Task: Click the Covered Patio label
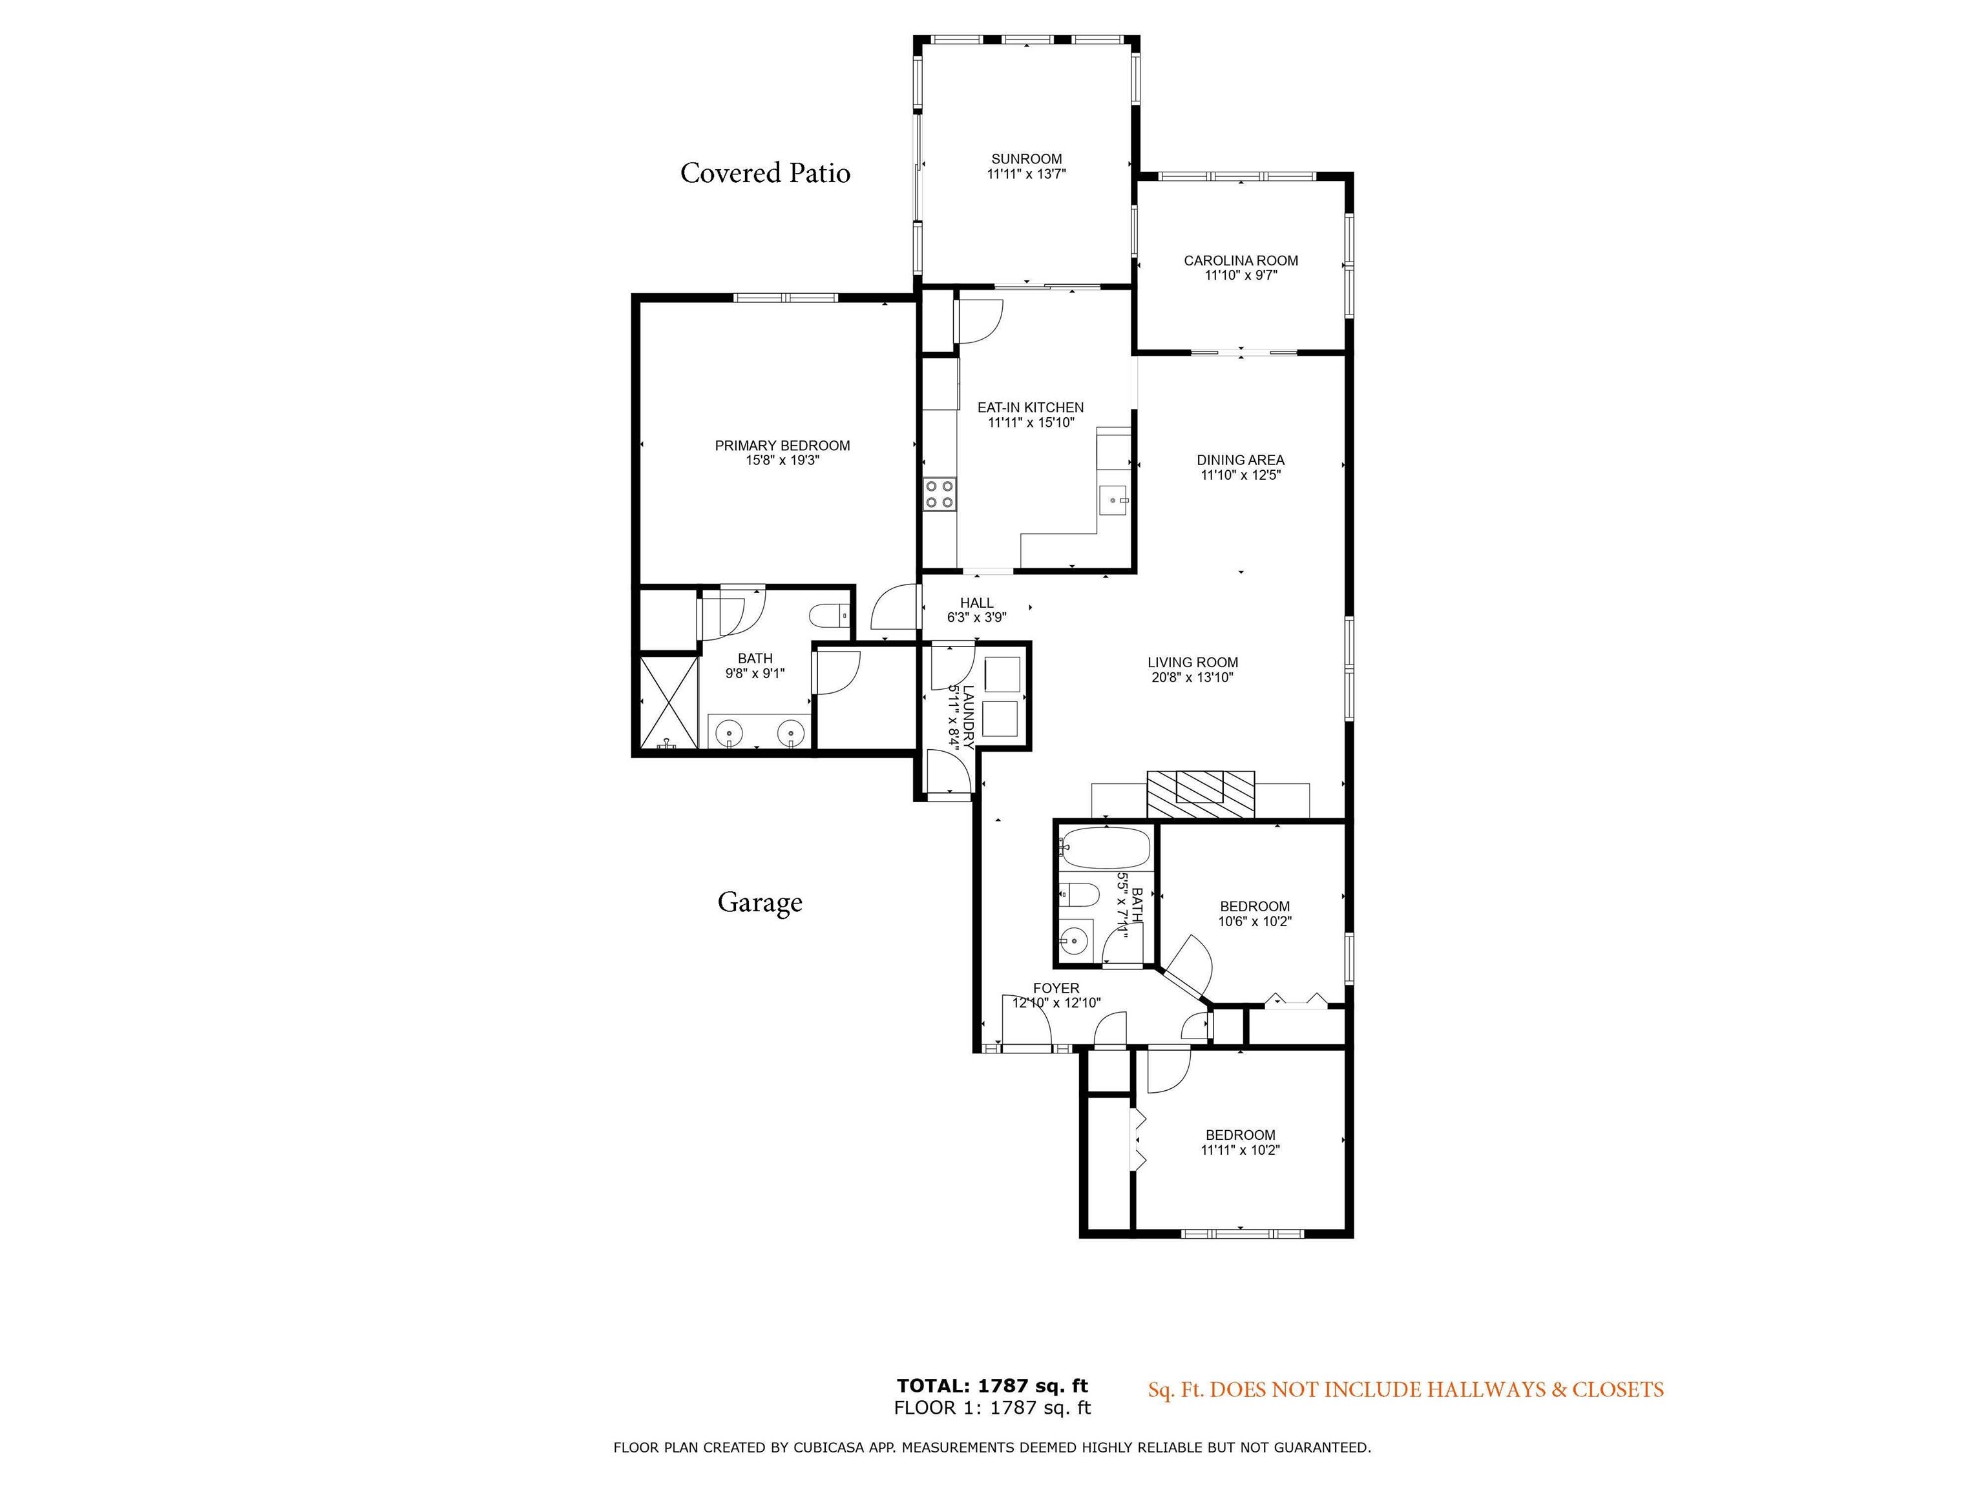point(764,172)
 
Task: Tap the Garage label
point(759,902)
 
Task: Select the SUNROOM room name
point(1027,159)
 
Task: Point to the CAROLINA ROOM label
point(1240,261)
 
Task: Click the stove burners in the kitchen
point(940,494)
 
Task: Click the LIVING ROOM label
point(1193,663)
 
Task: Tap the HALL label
point(976,603)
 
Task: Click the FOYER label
point(1056,988)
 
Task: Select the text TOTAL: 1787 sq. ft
point(992,1386)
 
